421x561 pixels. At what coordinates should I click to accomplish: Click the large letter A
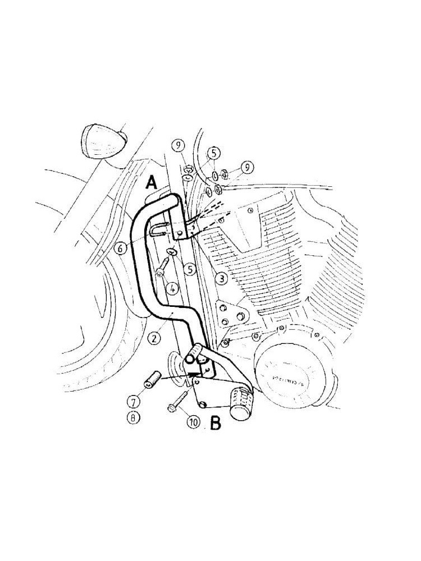151,183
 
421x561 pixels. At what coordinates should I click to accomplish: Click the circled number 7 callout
133,401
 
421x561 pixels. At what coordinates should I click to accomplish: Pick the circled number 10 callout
193,422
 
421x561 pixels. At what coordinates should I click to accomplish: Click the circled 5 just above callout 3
190,270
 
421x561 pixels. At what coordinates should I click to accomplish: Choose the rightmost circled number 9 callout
245,166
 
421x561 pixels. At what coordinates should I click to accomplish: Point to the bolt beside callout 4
164,265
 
